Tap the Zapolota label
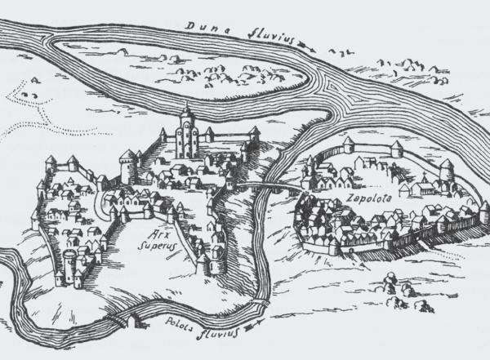(x=365, y=198)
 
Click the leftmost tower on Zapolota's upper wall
(x=349, y=144)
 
